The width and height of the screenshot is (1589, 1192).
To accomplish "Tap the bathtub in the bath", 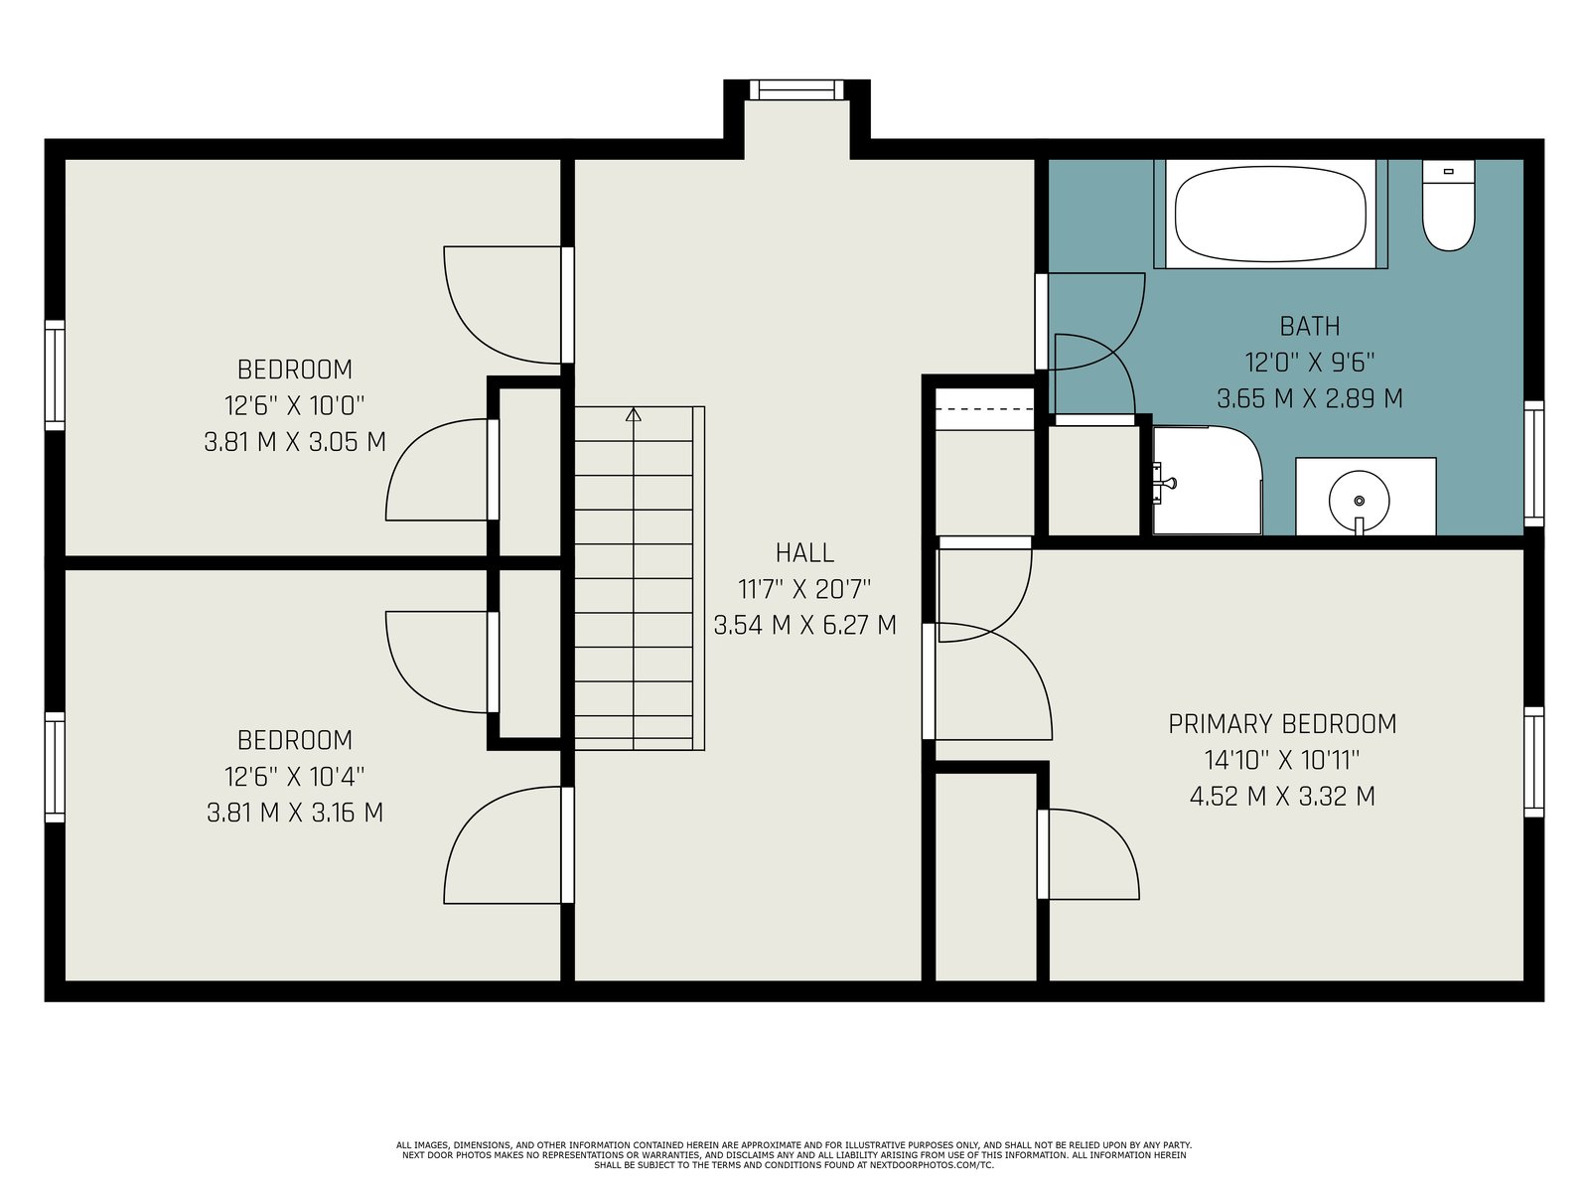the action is click(1270, 215).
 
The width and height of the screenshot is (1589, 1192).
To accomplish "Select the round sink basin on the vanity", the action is click(1359, 500).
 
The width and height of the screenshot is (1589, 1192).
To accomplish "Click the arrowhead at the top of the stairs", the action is click(634, 414).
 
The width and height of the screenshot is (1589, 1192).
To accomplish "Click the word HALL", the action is click(804, 553).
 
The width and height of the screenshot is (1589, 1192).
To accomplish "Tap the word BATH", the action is click(1310, 327).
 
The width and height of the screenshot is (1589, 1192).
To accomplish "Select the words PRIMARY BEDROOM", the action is click(1282, 724).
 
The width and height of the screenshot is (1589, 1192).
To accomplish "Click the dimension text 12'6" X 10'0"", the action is click(295, 406).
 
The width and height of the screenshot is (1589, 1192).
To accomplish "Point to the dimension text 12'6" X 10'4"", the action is click(295, 777).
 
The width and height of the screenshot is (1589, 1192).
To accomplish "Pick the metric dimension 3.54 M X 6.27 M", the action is click(805, 626).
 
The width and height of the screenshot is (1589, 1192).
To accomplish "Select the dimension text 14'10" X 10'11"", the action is click(1282, 760).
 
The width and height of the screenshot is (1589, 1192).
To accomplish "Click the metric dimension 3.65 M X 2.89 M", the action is click(1310, 398).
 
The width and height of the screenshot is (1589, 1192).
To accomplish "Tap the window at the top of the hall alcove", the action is click(796, 90).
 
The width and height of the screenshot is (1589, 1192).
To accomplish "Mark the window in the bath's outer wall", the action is click(1533, 464).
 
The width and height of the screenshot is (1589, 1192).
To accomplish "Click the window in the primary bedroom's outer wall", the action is click(1533, 762).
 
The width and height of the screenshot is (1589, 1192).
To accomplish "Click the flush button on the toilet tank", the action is click(1448, 172).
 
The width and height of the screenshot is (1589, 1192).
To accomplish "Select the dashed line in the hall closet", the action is click(985, 409).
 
